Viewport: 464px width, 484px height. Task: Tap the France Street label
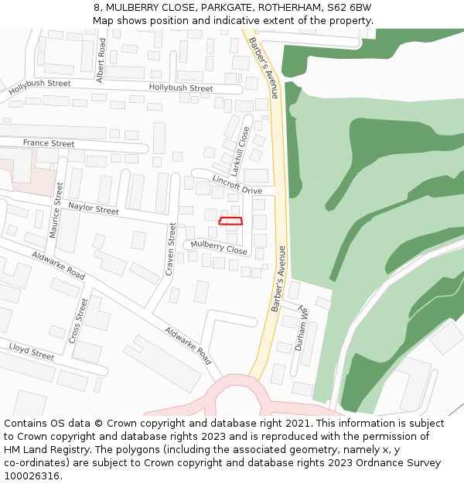click(49, 144)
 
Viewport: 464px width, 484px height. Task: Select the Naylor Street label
click(93, 208)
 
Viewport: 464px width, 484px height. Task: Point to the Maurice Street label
click(56, 210)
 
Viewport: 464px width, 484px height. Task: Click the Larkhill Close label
click(242, 152)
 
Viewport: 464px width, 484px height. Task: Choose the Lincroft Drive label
click(237, 185)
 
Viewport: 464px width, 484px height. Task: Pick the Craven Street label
click(171, 249)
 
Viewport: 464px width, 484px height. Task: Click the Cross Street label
click(76, 321)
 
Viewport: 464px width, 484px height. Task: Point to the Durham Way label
click(302, 329)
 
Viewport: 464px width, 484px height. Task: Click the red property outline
click(230, 221)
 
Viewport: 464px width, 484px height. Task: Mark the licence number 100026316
click(32, 476)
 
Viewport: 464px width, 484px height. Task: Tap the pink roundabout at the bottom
click(240, 399)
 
